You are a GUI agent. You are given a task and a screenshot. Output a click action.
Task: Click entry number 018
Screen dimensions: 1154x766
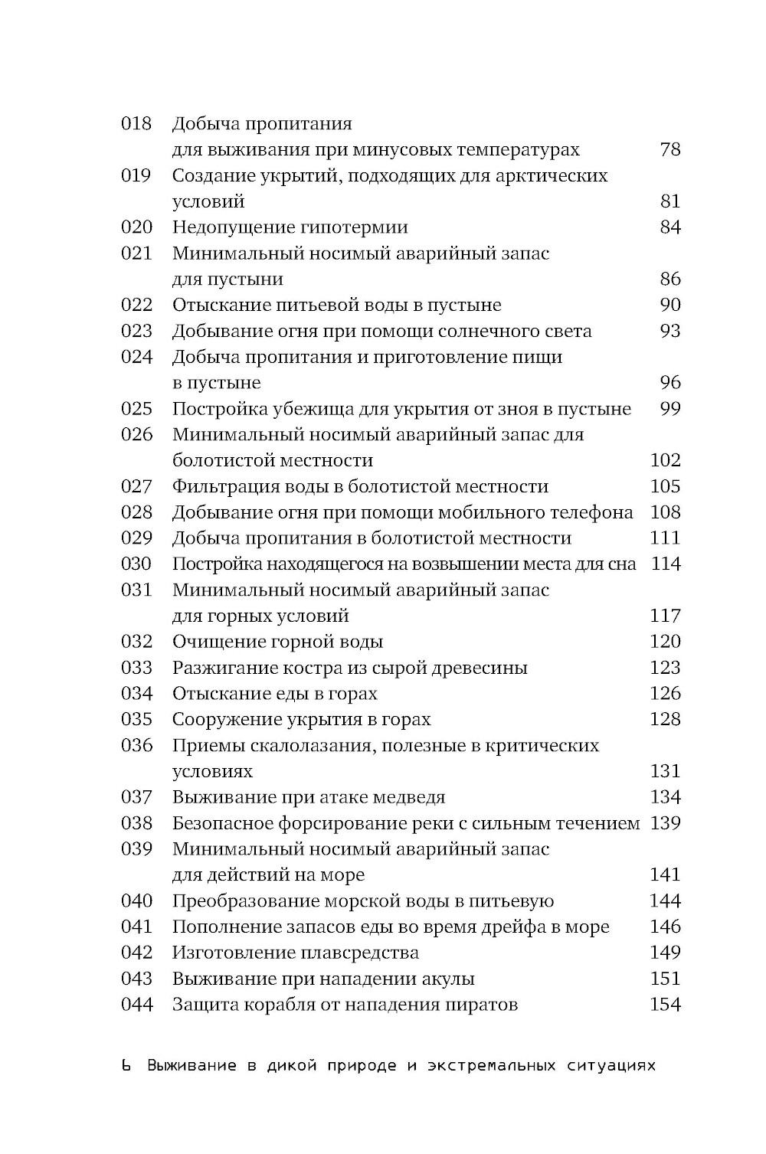pyautogui.click(x=136, y=123)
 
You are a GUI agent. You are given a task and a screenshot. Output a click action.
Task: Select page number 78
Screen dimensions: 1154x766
pyautogui.click(x=669, y=149)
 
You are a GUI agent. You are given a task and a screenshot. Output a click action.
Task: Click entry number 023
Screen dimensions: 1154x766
pyautogui.click(x=136, y=331)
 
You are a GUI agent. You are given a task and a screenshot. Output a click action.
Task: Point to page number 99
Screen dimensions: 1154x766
pyautogui.click(x=669, y=409)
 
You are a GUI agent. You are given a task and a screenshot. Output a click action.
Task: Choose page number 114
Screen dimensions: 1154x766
pyautogui.click(x=665, y=564)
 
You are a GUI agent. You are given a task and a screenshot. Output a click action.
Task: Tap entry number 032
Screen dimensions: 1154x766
pyautogui.click(x=136, y=642)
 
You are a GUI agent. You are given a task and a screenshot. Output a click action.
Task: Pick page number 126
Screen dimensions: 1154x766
pyautogui.click(x=665, y=694)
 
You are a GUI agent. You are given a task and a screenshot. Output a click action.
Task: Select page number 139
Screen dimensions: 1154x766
pyautogui.click(x=665, y=823)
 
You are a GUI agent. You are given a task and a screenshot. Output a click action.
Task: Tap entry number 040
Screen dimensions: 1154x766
pyautogui.click(x=136, y=901)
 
